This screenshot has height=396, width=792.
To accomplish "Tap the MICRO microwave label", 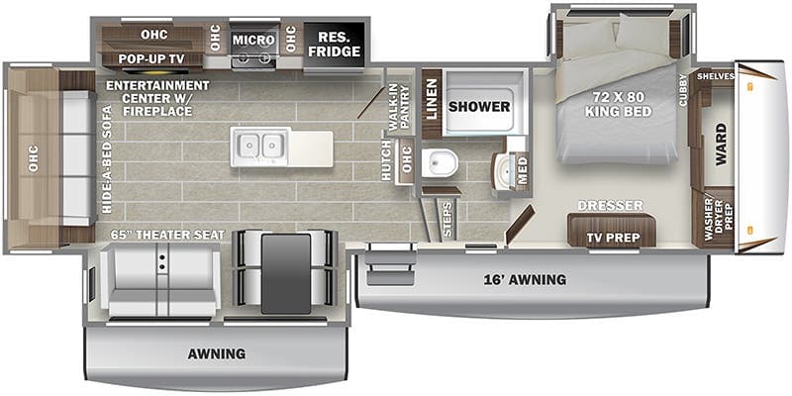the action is [253, 40].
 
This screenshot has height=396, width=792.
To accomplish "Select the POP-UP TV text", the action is [151, 58].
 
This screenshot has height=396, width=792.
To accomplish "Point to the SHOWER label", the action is [479, 106].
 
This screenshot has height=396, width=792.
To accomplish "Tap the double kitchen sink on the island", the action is [260, 147].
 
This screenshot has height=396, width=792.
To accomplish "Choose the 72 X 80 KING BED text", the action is [618, 106].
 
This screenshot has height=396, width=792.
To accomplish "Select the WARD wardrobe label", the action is [721, 144].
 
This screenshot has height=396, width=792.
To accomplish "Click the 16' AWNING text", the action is [525, 279].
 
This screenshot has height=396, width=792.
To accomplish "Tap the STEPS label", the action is [447, 220].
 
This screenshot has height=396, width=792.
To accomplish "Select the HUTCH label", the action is [386, 161].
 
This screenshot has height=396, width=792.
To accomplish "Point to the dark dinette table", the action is [286, 273].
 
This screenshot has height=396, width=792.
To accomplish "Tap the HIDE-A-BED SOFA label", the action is [107, 160].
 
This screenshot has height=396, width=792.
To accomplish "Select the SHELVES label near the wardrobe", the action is [715, 76].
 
